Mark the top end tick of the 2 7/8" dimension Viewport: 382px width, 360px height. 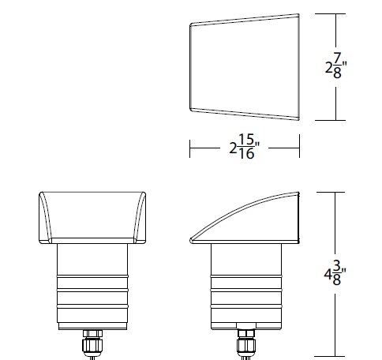click(337, 14)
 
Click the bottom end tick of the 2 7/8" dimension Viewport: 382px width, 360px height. click(337, 119)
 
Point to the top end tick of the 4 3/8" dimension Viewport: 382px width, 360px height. click(337, 191)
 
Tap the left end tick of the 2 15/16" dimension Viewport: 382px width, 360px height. click(189, 145)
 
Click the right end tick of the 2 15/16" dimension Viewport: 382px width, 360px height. click(300, 145)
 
